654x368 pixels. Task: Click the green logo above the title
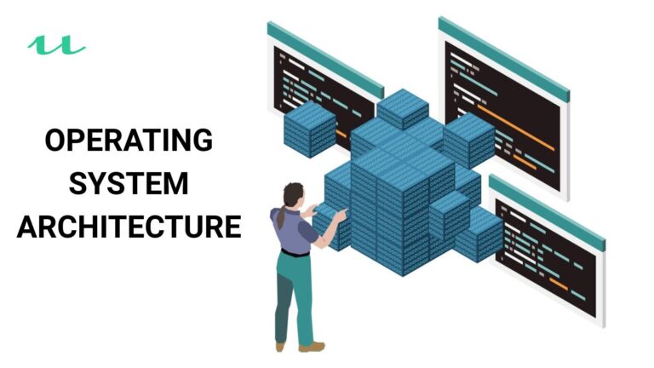pos(55,44)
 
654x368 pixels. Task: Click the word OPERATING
pos(128,140)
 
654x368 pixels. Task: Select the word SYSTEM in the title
pos(129,183)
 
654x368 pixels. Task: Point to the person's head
pos(293,194)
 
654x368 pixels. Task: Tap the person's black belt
pos(295,252)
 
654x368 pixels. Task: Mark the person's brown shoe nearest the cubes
pos(313,346)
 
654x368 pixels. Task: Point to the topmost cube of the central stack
pos(402,107)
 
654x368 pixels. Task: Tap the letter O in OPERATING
pos(55,140)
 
